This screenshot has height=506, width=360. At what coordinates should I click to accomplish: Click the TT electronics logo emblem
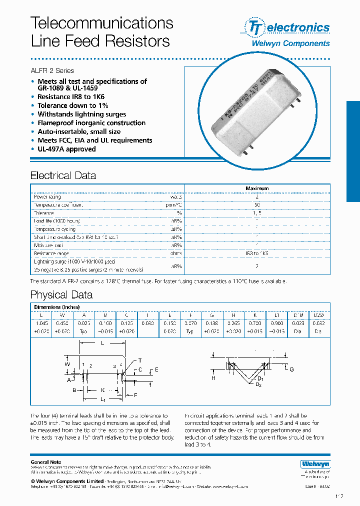point(254,27)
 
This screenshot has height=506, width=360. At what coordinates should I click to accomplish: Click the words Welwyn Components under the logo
point(290,43)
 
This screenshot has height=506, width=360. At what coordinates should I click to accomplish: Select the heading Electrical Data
point(63,175)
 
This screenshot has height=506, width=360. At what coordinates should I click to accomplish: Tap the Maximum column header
point(257,188)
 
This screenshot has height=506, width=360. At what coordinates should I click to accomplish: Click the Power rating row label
point(47,197)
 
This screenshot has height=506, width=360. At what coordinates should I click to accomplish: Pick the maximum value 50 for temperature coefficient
point(257,205)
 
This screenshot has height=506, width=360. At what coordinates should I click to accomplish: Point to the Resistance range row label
point(51,253)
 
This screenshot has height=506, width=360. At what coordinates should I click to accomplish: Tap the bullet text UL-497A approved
point(66,149)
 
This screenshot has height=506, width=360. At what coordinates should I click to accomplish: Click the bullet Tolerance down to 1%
point(72,105)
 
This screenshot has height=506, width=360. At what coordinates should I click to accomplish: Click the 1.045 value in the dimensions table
point(41,323)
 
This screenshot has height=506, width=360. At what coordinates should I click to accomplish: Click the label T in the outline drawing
point(140,360)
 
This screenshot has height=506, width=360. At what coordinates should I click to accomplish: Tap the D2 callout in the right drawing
point(258,384)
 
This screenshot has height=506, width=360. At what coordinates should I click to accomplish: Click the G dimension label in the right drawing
point(291,369)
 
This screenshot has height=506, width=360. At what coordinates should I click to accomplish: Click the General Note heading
point(46,462)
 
